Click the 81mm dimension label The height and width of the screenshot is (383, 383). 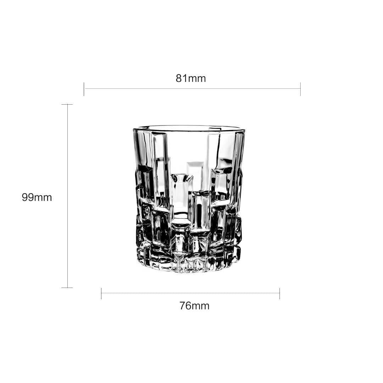[x=190, y=78]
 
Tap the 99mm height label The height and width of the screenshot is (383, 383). [x=37, y=198]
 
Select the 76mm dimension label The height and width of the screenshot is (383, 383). [x=194, y=306]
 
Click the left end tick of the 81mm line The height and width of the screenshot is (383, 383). [x=84, y=89]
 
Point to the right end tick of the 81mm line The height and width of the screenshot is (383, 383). [x=300, y=89]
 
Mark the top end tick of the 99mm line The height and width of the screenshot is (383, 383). [x=67, y=105]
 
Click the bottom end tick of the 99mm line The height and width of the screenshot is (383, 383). [x=67, y=288]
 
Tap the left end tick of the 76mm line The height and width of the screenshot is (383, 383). [x=101, y=293]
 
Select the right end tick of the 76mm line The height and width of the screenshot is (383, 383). [x=279, y=293]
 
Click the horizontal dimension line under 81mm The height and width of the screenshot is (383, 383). [x=191, y=89]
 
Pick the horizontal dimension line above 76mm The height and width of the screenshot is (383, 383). [x=190, y=293]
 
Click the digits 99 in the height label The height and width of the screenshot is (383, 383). [x=28, y=198]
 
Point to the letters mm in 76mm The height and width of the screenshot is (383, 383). [x=201, y=306]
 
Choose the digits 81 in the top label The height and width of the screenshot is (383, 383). [x=182, y=78]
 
